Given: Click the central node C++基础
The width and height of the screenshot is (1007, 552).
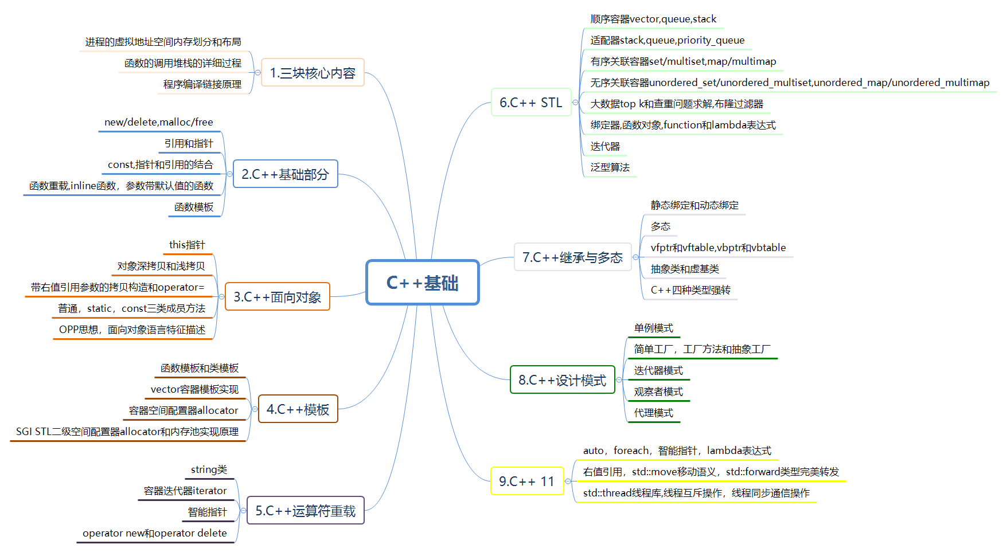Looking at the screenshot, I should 423,283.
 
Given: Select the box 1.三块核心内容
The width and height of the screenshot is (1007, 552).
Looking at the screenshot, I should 313,73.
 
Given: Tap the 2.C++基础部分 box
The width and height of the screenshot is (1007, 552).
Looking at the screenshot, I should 285,174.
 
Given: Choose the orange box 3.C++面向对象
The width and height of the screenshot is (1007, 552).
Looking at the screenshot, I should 277,297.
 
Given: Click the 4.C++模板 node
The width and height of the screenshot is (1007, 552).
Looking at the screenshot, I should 298,409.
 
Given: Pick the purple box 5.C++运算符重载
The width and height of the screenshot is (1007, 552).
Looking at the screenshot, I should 305,511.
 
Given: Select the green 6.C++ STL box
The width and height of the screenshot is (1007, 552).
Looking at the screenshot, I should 531,103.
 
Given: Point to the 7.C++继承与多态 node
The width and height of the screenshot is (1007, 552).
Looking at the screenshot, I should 572,257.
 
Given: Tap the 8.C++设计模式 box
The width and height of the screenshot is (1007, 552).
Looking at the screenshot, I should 562,380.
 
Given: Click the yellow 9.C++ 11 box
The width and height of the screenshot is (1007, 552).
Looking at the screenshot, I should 526,481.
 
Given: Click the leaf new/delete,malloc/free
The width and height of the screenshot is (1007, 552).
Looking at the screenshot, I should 159,122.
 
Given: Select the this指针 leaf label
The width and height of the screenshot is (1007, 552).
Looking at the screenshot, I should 187,245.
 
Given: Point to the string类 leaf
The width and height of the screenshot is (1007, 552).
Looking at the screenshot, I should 209,469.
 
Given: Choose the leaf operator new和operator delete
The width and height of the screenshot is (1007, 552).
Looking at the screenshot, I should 155,533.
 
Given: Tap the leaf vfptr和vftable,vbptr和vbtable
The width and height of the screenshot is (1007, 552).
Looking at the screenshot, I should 718,248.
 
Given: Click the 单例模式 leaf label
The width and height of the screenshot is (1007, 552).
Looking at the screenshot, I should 653,328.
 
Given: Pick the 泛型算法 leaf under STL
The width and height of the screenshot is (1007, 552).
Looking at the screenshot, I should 610,167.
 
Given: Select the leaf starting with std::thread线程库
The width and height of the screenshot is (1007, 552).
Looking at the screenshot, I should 696,493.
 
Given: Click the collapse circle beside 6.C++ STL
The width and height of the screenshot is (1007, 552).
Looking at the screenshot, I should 575,103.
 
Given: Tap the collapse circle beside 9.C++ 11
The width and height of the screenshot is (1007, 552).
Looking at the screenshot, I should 568,481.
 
